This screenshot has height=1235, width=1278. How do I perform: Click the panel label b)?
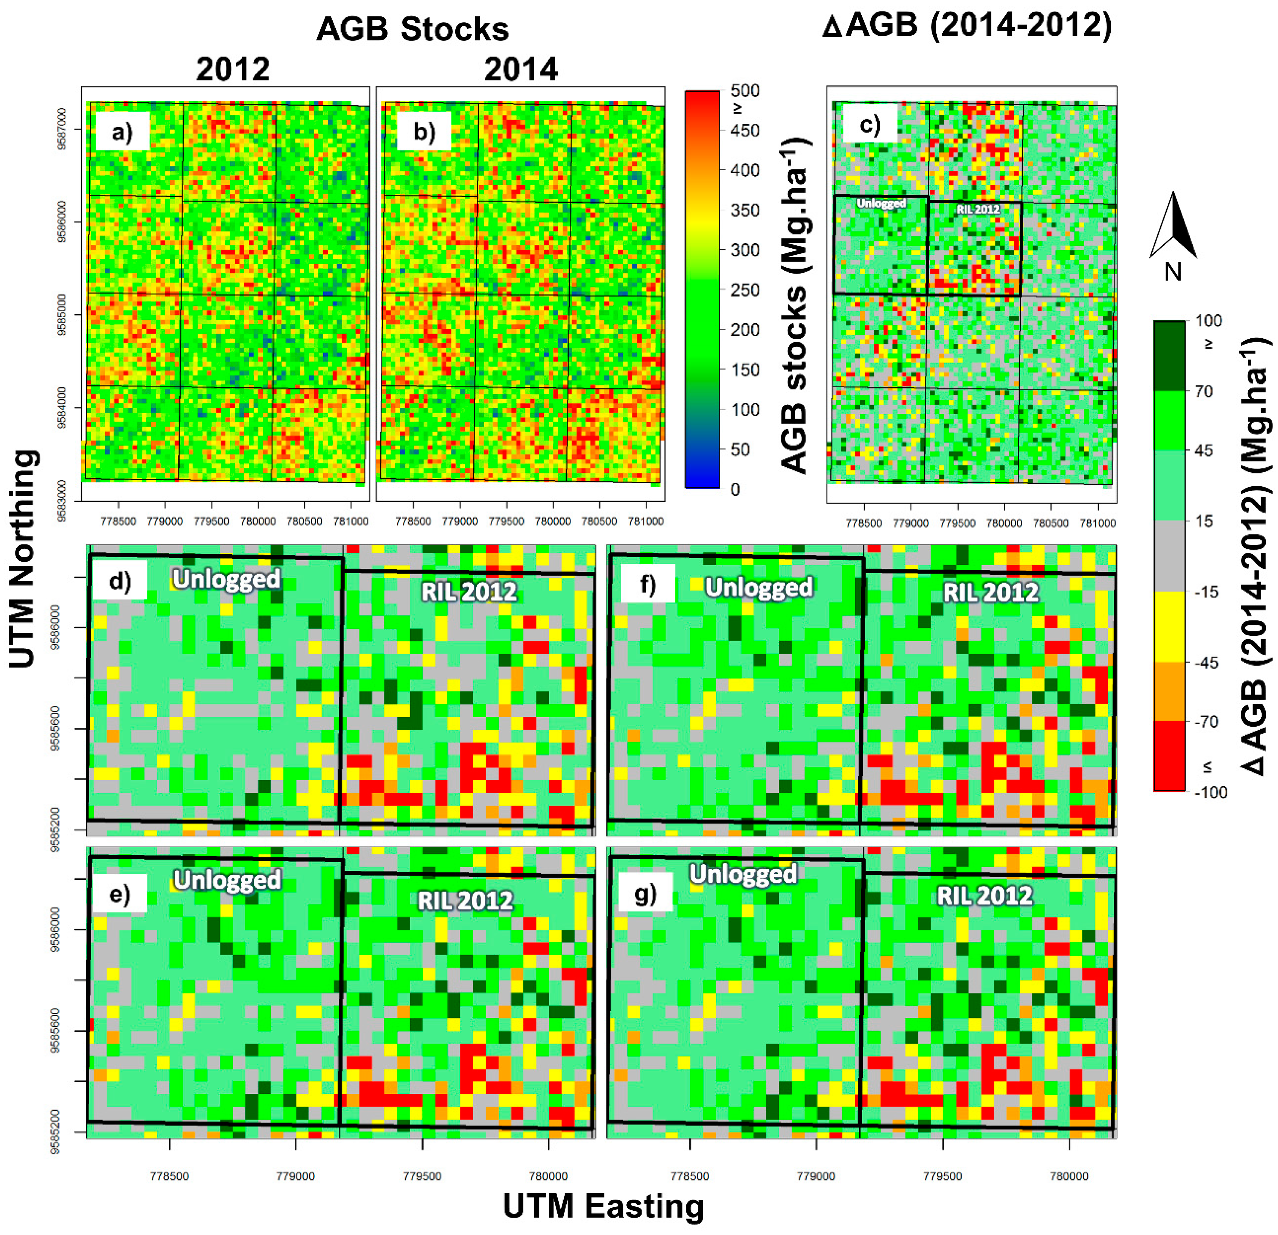(424, 132)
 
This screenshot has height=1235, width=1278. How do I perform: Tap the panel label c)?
(869, 124)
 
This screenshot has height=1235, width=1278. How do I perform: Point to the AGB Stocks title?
(412, 29)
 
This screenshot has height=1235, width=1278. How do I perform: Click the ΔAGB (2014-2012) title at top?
(967, 26)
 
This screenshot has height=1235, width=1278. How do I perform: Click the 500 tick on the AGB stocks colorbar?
(744, 91)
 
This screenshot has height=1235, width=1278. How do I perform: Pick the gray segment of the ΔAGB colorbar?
(1169, 555)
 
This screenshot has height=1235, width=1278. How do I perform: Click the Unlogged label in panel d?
(226, 579)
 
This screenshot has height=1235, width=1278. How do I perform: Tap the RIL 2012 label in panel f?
(990, 592)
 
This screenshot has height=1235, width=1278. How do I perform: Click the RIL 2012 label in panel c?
(977, 209)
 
